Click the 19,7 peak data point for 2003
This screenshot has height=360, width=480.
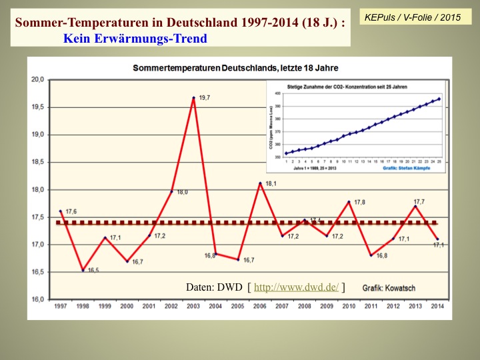point(193,98)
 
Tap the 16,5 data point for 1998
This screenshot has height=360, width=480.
point(83,270)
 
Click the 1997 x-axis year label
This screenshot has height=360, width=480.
point(60,307)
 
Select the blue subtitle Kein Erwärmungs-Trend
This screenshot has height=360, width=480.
point(135,38)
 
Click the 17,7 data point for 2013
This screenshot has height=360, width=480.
point(415,206)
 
